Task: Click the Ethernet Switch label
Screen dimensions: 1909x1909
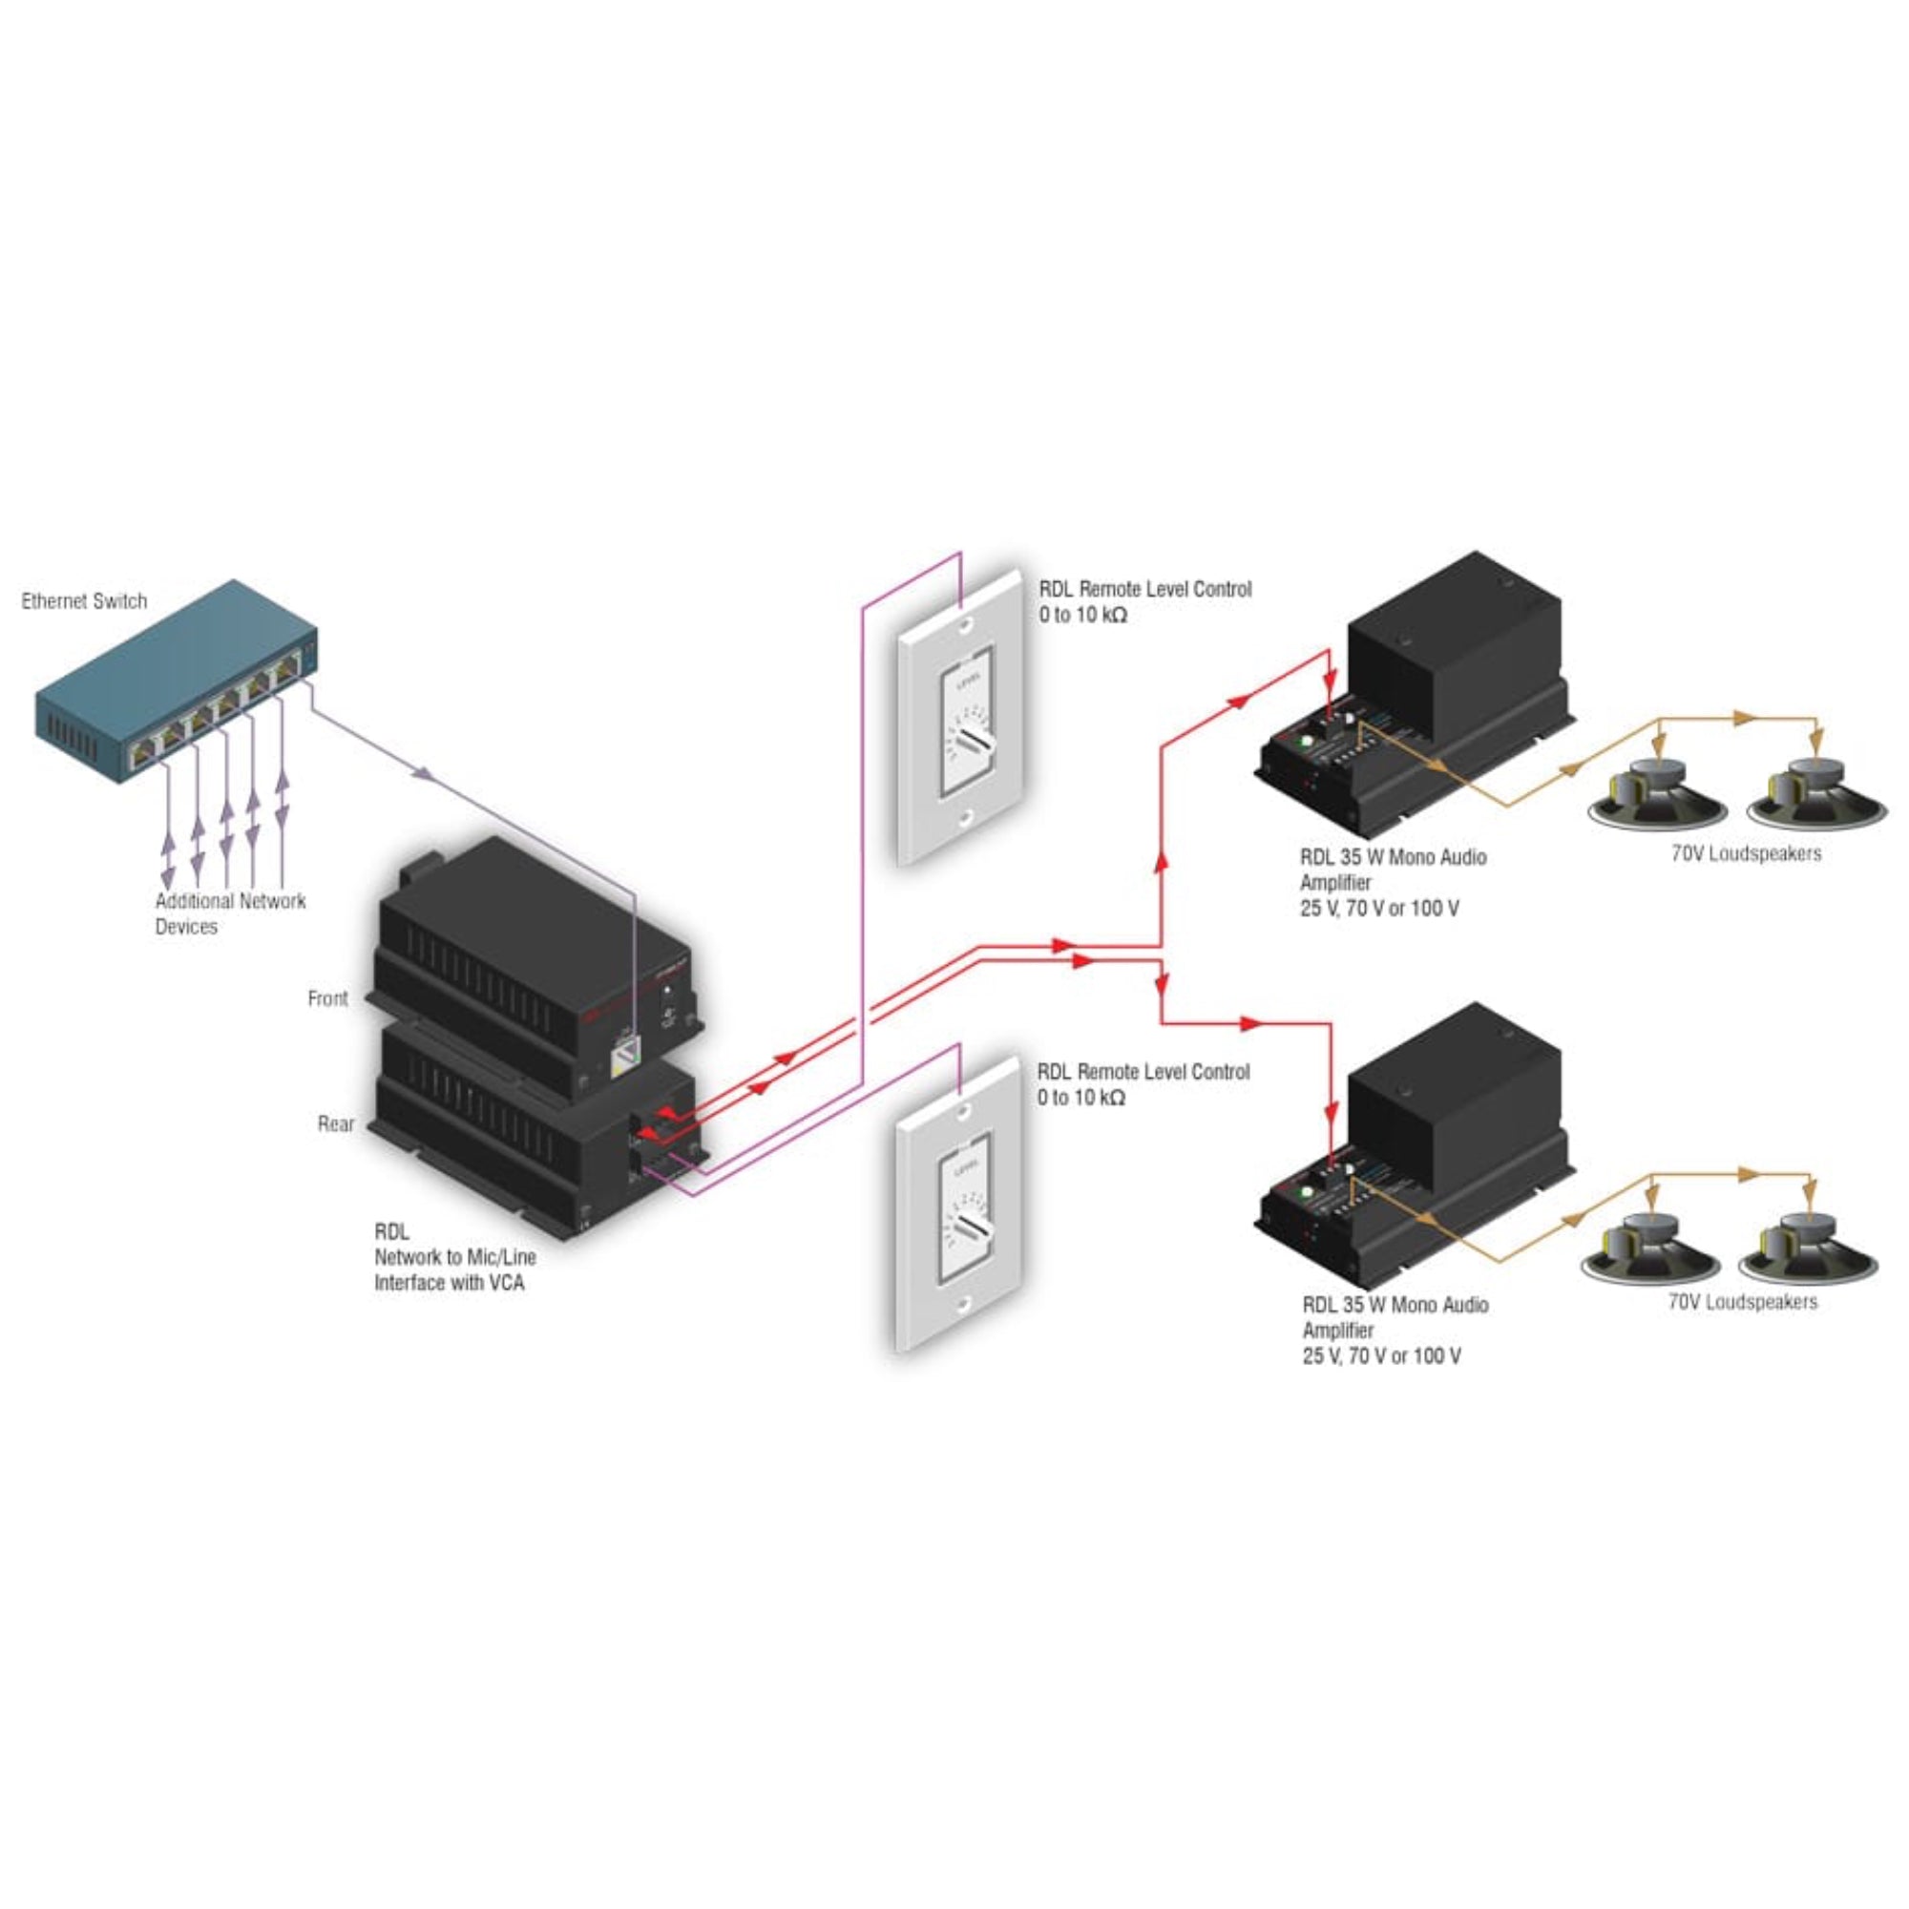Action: coord(84,600)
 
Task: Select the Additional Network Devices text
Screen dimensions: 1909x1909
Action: coord(229,914)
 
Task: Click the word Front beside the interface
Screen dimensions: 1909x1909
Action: coord(327,999)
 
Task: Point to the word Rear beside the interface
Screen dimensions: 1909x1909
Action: coord(336,1123)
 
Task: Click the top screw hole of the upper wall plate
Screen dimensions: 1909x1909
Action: coord(965,625)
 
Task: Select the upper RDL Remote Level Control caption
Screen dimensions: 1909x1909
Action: coord(1144,590)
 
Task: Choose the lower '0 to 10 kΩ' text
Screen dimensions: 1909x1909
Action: coord(1081,1098)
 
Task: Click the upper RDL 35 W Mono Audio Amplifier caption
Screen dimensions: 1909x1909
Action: coord(1393,870)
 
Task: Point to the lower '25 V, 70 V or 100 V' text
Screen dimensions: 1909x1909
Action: coord(1381,1356)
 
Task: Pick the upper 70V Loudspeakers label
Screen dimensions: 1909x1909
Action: coord(1746,853)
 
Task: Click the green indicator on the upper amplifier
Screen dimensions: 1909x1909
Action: coord(1307,741)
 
